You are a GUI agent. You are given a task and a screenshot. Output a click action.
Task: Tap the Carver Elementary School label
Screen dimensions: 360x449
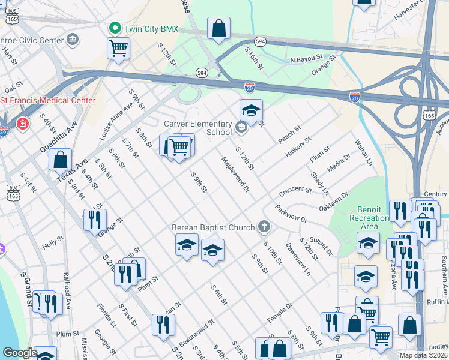tap(198, 127)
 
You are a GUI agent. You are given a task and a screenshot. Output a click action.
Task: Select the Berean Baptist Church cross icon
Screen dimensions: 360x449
tap(263, 227)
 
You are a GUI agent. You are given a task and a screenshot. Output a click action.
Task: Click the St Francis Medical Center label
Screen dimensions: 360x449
tap(48, 100)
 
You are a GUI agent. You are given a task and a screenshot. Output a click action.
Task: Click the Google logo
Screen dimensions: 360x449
tap(19, 353)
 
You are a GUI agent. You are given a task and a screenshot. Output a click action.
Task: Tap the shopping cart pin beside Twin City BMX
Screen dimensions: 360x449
tap(119, 48)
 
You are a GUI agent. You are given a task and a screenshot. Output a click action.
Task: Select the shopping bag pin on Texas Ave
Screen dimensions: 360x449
tap(60, 160)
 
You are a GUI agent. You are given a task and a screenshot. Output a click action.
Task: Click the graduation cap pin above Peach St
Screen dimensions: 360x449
tap(251, 110)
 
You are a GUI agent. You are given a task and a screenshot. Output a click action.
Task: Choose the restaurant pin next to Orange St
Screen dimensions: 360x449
tap(95, 220)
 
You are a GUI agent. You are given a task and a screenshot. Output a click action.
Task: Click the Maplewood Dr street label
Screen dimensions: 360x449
tap(235, 175)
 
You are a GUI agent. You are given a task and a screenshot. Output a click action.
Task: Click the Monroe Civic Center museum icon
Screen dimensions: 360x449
tap(73, 40)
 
